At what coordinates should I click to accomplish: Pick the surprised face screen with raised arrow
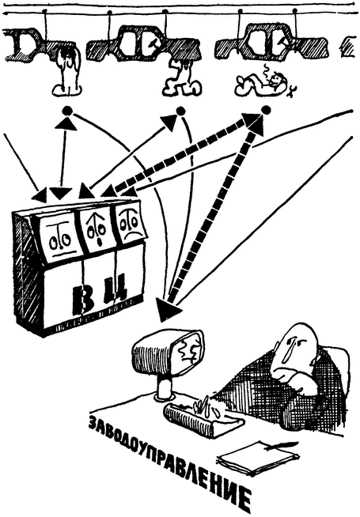pos(97,231)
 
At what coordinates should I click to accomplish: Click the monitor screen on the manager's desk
pos(189,353)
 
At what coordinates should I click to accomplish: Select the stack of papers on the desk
pos(257,458)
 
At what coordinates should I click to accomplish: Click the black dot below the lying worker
pos(266,110)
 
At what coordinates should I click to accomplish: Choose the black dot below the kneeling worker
pos(180,111)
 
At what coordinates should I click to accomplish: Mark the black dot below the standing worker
pos(67,111)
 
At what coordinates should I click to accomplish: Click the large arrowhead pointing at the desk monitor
pos(168,310)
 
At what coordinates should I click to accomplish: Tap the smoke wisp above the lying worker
pos(267,70)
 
